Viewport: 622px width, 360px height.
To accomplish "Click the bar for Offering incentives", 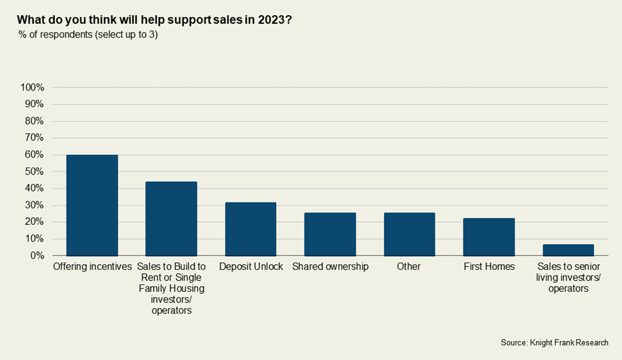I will [92, 205].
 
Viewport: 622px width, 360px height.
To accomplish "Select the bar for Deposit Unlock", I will [251, 229].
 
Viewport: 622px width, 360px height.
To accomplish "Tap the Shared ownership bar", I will [330, 234].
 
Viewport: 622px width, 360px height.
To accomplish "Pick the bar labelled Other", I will [410, 234].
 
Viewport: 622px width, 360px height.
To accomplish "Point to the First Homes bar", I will [489, 237].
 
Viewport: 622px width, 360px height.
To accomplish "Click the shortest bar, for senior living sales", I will [568, 250].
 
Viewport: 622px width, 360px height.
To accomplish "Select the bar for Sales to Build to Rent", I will [171, 218].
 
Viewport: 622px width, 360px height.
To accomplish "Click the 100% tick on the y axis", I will [32, 87].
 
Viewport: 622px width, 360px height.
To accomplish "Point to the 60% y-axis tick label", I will [34, 155].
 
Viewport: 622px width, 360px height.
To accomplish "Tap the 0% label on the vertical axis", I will [37, 255].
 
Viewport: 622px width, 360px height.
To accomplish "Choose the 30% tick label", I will [34, 205].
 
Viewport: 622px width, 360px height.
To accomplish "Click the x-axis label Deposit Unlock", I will [251, 267].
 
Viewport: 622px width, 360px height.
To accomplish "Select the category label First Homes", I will [489, 267].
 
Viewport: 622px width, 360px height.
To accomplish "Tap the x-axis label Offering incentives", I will [92, 267].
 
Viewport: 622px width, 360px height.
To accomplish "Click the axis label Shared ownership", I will [330, 267].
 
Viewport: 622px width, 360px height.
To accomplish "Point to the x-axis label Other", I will [410, 267].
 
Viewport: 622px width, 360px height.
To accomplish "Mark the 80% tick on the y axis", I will [34, 121].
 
